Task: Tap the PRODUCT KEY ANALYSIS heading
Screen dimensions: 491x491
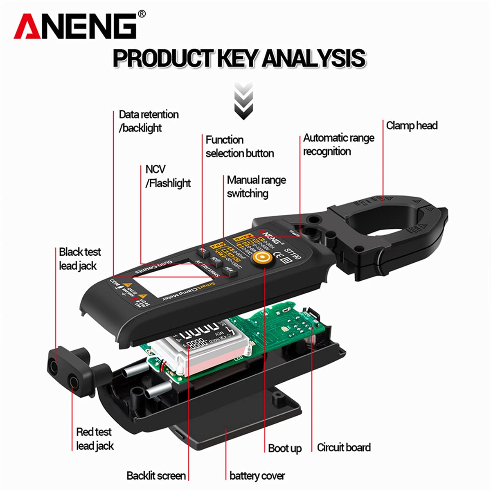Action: click(239, 58)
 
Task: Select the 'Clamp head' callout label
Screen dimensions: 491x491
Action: click(412, 125)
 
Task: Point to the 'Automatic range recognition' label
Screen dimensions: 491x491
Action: click(338, 144)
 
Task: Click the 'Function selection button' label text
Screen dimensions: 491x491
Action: click(239, 146)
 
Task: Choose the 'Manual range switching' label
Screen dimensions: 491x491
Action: click(256, 187)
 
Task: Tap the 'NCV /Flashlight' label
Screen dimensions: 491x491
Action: click(168, 176)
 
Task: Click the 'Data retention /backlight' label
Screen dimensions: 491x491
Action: click(149, 121)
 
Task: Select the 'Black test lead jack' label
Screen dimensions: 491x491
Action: click(79, 259)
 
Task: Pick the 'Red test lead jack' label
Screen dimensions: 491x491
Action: click(95, 439)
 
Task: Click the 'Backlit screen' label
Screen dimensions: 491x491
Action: click(156, 475)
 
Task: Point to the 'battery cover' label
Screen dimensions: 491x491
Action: click(257, 475)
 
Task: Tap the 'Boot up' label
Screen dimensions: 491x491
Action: click(285, 448)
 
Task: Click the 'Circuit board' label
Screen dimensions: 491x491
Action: click(344, 447)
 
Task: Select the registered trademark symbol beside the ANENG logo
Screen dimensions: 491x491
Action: click(142, 15)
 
